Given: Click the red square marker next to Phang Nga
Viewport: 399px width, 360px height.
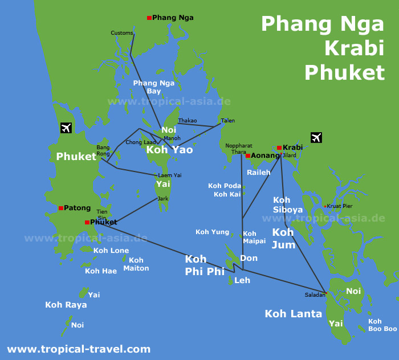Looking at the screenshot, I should pos(149,18).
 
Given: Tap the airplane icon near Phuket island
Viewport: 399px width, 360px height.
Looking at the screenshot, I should pos(66,128).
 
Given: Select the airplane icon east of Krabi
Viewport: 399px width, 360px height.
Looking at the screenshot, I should pos(316,137).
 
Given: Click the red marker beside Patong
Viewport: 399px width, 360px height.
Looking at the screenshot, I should pos(61,208).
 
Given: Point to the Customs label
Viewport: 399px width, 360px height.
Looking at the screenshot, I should pos(121,33).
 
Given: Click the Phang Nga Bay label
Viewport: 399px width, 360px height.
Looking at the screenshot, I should pos(154,87).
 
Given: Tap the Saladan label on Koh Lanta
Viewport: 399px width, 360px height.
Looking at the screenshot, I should pos(315,294).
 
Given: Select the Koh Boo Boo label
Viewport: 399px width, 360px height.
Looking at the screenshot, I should pos(382,325).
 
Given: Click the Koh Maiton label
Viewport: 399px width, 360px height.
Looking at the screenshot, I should pos(136,264).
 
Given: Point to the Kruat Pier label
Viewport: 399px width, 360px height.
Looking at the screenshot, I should pos(340,206).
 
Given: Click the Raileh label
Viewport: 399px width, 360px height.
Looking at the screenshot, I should pos(258,172).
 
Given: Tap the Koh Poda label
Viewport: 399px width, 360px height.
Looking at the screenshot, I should pos(224,186).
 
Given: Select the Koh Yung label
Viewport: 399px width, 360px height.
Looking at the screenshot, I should pos(212,232).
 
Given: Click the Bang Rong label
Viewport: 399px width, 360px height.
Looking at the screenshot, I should pos(103,150).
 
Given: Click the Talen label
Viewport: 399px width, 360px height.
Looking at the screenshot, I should pos(227,121).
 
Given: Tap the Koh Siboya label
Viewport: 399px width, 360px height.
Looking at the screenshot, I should pos(287,205).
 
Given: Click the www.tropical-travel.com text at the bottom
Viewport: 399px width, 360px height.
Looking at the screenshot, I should pos(79,349).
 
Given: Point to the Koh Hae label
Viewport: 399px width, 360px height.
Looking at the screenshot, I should pos(101,271).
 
